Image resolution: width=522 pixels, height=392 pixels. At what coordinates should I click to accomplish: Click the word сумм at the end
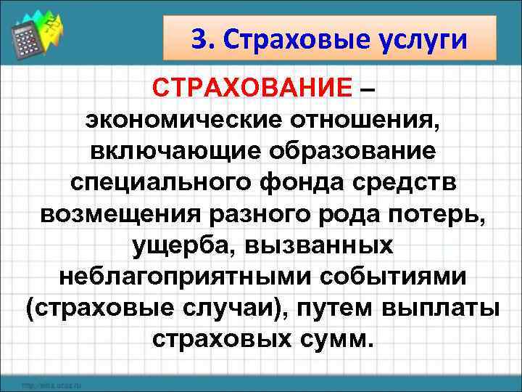[x=337, y=340]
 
